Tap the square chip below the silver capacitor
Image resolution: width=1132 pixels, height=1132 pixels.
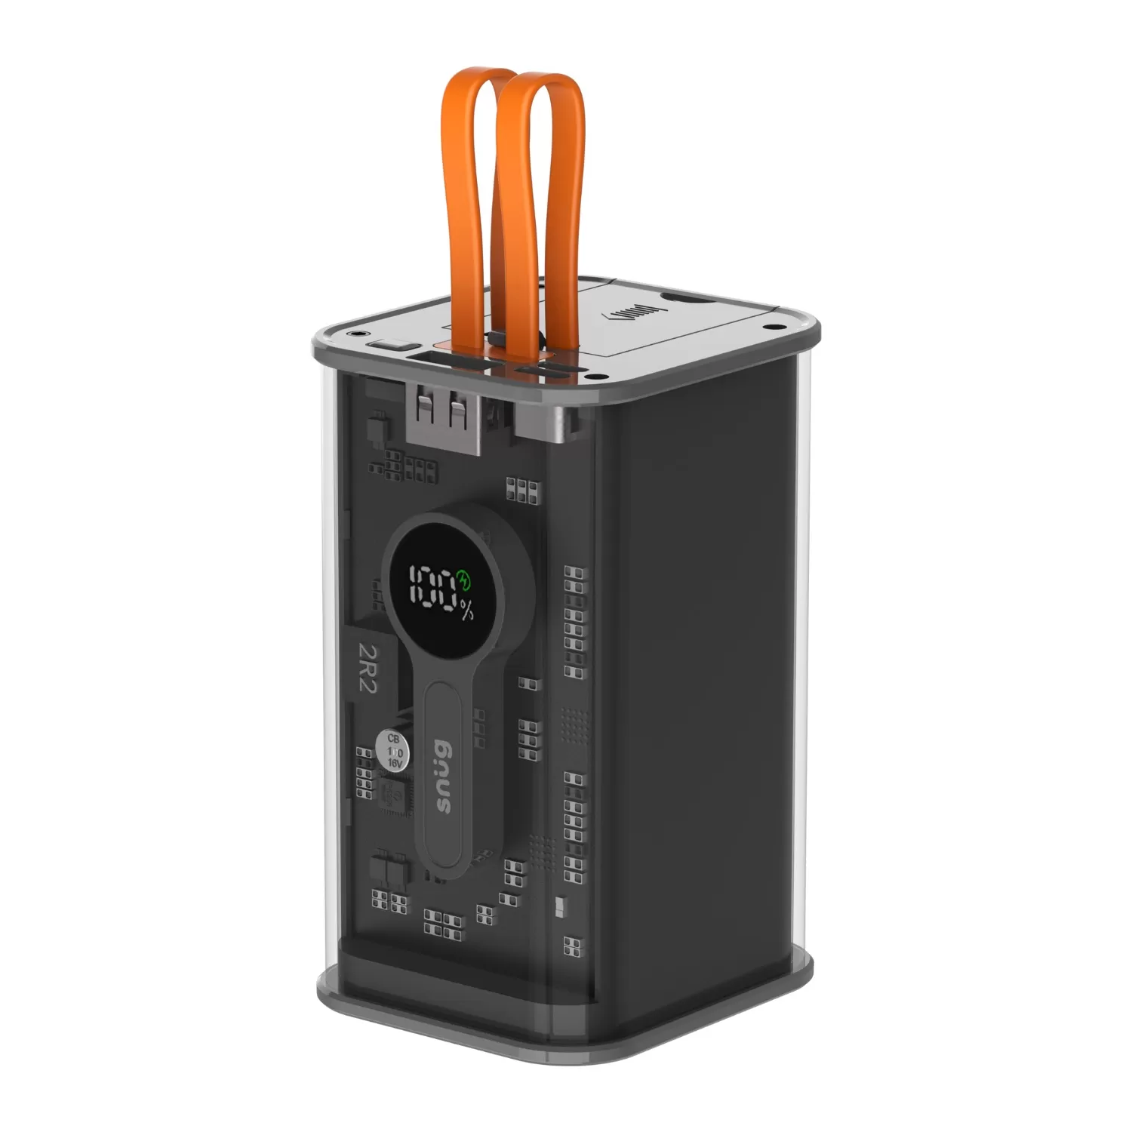point(395,796)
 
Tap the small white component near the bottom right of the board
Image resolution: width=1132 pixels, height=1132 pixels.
point(559,905)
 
